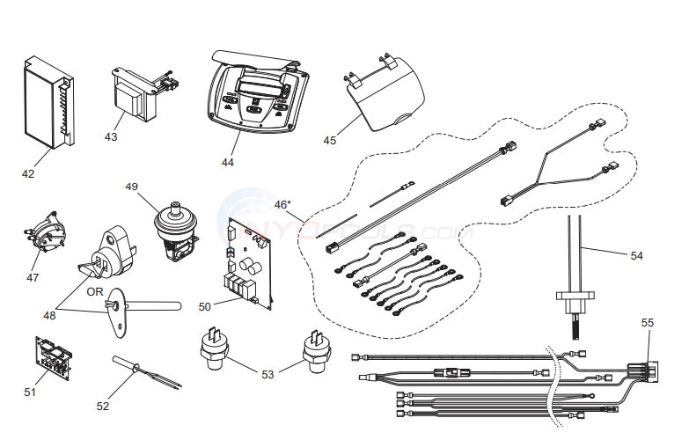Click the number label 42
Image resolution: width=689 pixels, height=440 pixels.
[x=28, y=173]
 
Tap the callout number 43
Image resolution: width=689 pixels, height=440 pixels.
[x=111, y=136]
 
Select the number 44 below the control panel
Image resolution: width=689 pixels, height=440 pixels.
[x=228, y=161]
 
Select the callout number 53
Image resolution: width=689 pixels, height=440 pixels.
[x=268, y=374]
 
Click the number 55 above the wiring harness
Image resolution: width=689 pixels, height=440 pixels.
[x=647, y=323]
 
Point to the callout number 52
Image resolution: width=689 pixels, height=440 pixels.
[x=104, y=406]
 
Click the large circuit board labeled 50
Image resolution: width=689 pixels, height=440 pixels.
[x=251, y=260]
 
